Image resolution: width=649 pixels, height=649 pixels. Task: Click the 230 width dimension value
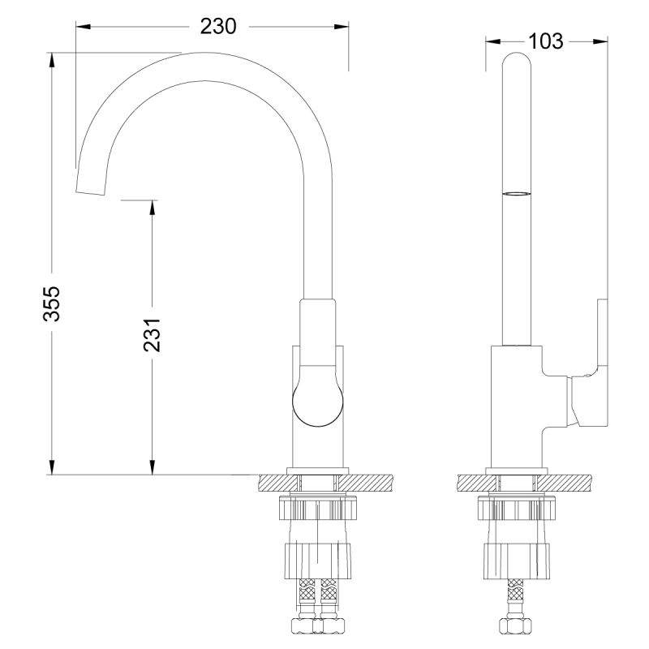[218, 26]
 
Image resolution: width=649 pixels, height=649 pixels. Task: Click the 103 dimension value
[545, 41]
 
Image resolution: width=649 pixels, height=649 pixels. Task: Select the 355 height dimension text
[51, 303]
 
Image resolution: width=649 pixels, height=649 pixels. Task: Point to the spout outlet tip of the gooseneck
[90, 187]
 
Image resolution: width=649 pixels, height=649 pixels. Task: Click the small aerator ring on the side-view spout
[518, 194]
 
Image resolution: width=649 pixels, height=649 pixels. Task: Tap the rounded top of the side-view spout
[518, 61]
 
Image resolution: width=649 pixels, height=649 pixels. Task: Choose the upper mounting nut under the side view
[518, 509]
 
